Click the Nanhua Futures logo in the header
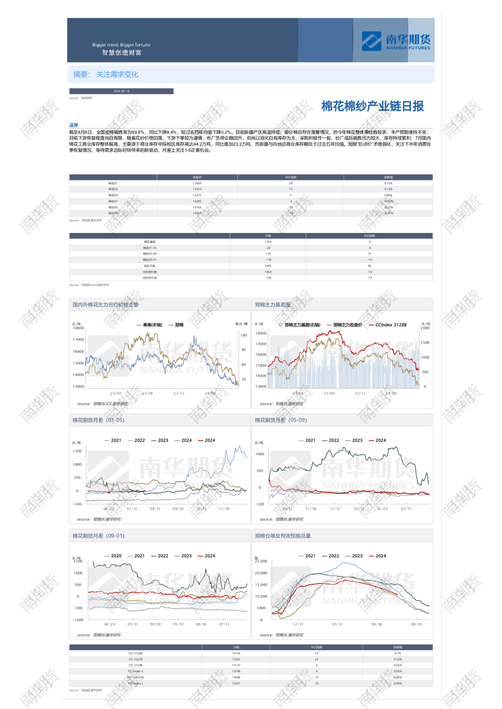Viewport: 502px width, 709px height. point(396,41)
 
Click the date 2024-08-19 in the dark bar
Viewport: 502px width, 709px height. point(121,91)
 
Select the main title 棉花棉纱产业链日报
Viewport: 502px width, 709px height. point(372,106)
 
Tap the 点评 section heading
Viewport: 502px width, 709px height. point(74,125)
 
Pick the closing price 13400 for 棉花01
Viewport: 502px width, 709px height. point(197,184)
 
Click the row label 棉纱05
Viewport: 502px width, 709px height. point(113,208)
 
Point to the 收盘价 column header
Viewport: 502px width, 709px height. point(197,177)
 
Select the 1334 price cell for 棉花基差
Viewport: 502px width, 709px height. point(268,242)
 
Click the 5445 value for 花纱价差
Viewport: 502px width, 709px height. point(268,266)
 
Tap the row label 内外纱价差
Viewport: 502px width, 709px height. point(150,278)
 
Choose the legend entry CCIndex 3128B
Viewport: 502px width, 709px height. point(390,325)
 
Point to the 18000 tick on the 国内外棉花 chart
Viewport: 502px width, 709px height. point(79,328)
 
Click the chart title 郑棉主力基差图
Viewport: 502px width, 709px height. point(273,305)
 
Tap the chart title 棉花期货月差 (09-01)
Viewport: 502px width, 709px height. point(98,536)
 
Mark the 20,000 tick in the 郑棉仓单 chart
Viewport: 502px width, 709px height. point(261,573)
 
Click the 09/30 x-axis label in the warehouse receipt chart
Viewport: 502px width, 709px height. point(416,624)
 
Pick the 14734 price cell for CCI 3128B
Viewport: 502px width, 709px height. point(236,653)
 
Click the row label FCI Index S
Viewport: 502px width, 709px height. point(136,671)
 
